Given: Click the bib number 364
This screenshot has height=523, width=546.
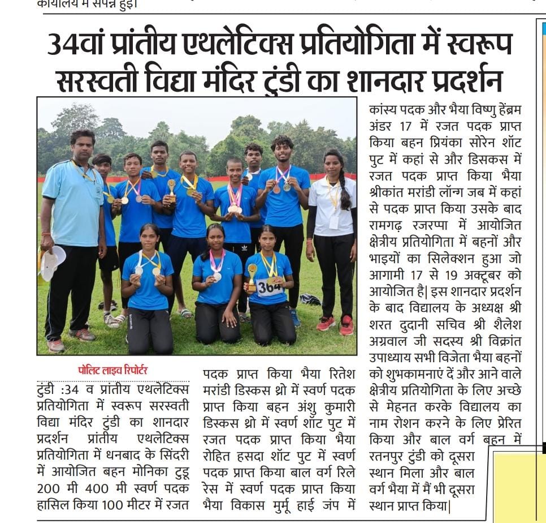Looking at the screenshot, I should [x=269, y=287].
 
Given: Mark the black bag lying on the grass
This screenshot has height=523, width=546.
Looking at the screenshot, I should [x=310, y=299].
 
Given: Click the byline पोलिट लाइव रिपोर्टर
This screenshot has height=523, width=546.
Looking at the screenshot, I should [x=112, y=370].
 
